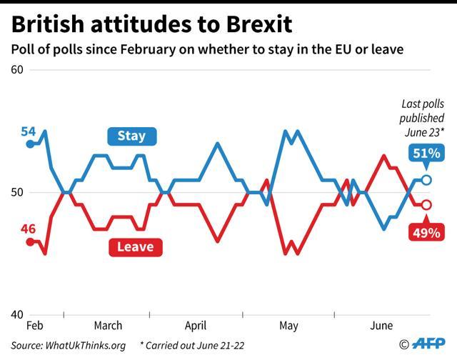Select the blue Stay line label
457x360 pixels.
coord(131,136)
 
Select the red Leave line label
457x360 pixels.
coord(135,246)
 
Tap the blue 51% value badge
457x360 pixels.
coord(426,153)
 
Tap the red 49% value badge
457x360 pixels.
coord(426,232)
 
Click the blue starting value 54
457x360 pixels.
coord(28,131)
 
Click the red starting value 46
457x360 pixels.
coord(28,229)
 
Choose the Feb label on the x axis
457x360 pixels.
coord(34,326)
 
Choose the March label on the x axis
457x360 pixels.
coord(107,326)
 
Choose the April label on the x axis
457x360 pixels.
coord(196,326)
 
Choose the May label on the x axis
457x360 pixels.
coord(288,326)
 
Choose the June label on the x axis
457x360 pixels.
coord(381,326)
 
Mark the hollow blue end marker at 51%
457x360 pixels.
coord(426,180)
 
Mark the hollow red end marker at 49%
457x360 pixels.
coord(426,205)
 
